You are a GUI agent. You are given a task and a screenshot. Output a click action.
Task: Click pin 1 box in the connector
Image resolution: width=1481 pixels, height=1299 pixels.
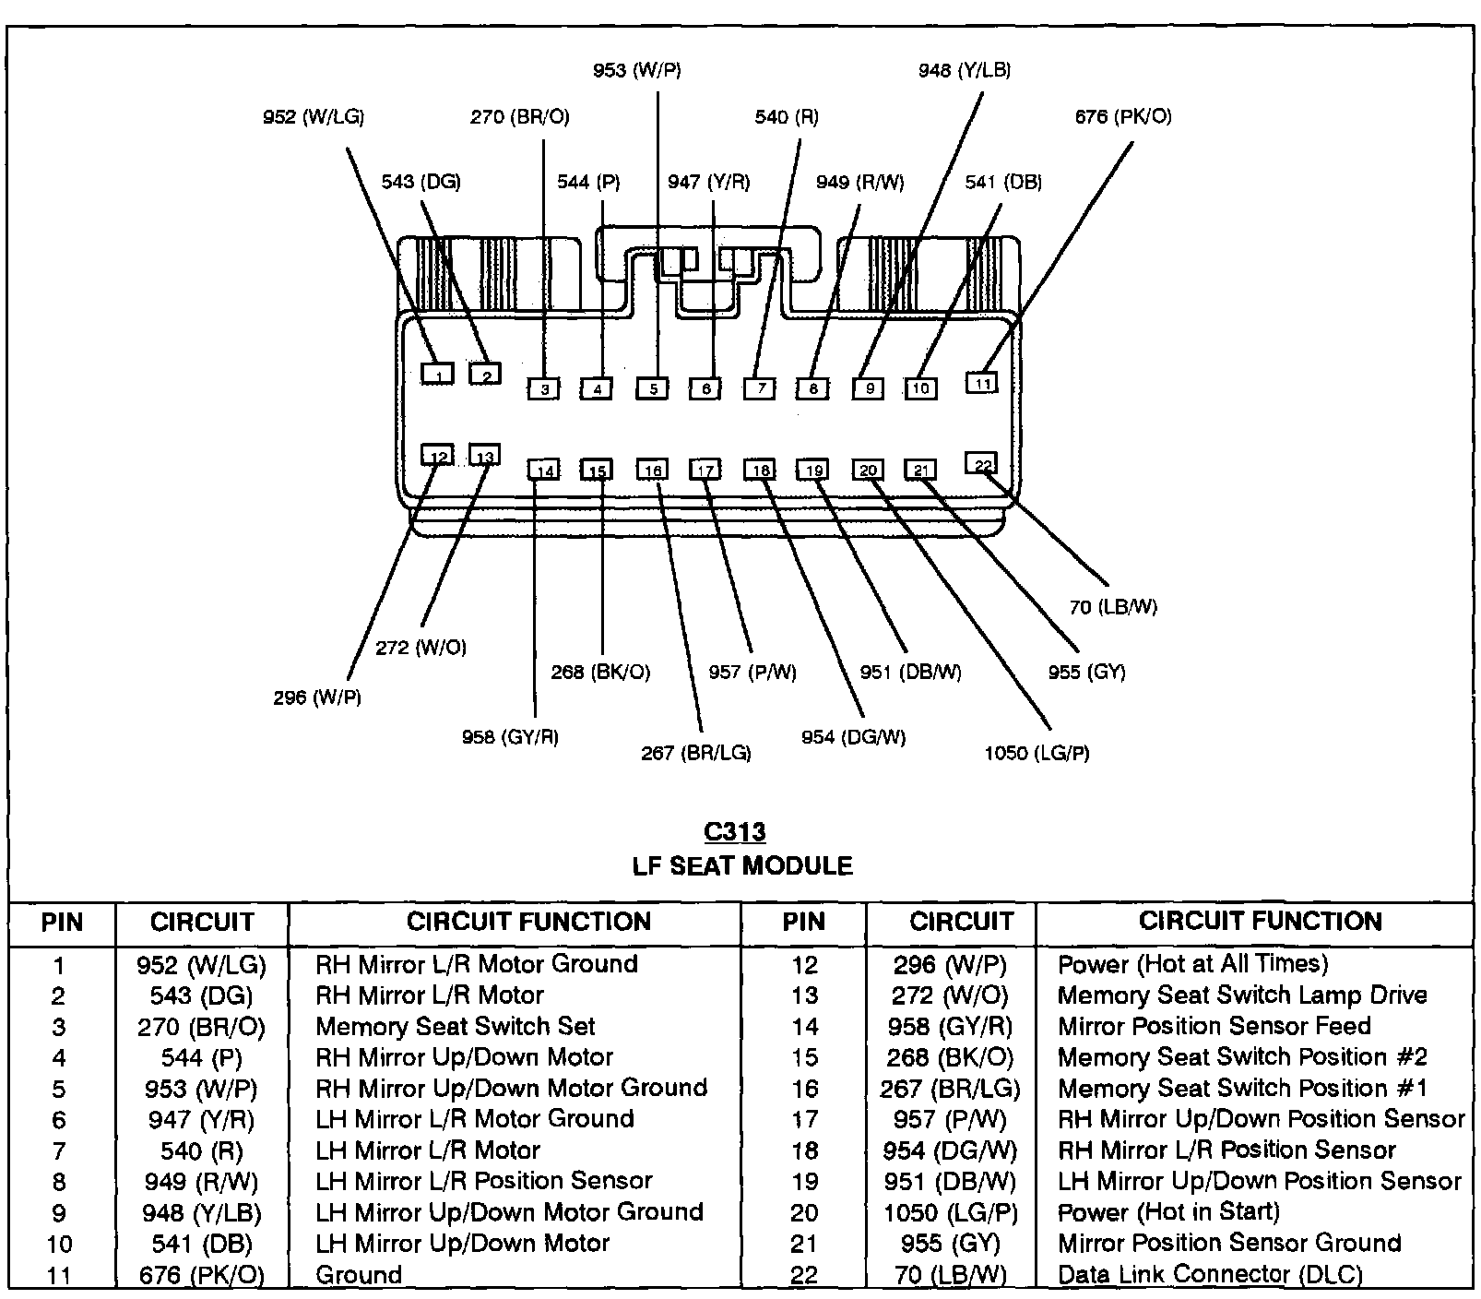pyautogui.click(x=438, y=374)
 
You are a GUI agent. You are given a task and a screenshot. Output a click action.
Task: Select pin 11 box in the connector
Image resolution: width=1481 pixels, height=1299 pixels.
pyautogui.click(x=982, y=382)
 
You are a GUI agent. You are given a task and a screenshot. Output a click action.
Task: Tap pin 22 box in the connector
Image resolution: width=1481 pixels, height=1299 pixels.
pyautogui.click(x=981, y=463)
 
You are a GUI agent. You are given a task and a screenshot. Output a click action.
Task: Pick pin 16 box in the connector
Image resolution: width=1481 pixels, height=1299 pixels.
pyautogui.click(x=653, y=471)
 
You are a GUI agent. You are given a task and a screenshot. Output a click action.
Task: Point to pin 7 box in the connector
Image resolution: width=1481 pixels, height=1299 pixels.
pyautogui.click(x=760, y=388)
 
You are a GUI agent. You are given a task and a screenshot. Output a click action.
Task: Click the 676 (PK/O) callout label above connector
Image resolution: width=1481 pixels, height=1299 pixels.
pyautogui.click(x=1123, y=117)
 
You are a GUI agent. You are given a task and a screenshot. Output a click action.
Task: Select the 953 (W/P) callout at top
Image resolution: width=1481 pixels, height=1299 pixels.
pyautogui.click(x=636, y=70)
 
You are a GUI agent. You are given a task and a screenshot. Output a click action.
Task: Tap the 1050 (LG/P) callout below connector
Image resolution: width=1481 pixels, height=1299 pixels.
pyautogui.click(x=1037, y=754)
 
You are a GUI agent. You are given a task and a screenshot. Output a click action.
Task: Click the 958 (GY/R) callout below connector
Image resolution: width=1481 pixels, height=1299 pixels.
pyautogui.click(x=510, y=737)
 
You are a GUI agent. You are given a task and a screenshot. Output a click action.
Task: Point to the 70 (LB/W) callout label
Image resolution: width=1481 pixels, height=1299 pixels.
pyautogui.click(x=1113, y=607)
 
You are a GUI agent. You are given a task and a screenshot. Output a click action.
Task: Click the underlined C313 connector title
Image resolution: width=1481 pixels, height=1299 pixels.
pyautogui.click(x=734, y=832)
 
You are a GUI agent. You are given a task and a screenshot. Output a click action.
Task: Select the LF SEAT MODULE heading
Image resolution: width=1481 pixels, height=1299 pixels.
pyautogui.click(x=742, y=866)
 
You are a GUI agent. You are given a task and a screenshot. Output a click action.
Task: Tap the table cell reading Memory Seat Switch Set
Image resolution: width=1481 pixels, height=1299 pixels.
pyautogui.click(x=456, y=1027)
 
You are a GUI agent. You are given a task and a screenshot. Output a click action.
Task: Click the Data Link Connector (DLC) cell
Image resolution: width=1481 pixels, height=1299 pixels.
pyautogui.click(x=1210, y=1275)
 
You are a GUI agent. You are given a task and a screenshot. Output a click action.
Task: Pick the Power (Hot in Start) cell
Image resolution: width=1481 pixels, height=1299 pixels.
pyautogui.click(x=1168, y=1212)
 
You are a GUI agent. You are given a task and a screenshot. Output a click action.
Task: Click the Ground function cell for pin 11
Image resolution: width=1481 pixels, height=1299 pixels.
pyautogui.click(x=359, y=1275)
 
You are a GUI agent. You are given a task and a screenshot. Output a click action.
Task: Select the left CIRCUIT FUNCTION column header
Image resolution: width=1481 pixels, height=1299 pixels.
pyautogui.click(x=528, y=922)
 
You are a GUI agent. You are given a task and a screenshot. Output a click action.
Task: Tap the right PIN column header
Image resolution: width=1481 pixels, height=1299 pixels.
pyautogui.click(x=803, y=922)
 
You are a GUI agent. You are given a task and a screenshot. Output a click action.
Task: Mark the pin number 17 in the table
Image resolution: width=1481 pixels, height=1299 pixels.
pyautogui.click(x=804, y=1120)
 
